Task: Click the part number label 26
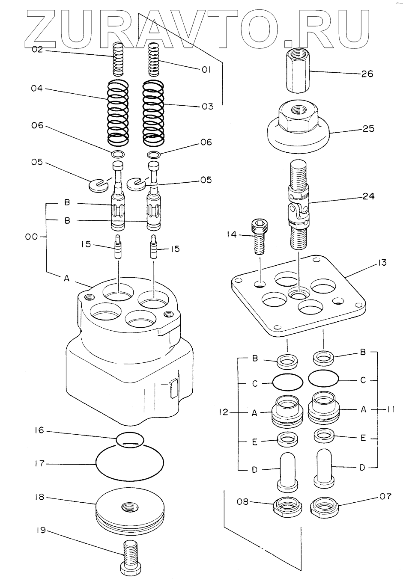(x=367, y=74)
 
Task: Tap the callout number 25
(x=368, y=129)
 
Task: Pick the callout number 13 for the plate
(x=382, y=263)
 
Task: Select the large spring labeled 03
(x=152, y=112)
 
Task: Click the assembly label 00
(x=31, y=237)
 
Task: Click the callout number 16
(x=39, y=430)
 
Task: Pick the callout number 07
(x=385, y=497)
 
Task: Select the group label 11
(x=390, y=409)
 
